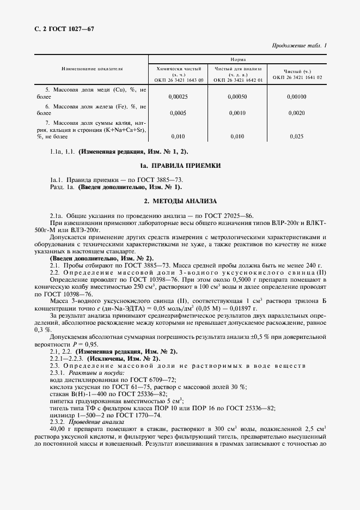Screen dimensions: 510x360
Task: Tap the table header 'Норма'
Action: coord(237,59)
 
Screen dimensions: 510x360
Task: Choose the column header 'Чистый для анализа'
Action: coord(238,69)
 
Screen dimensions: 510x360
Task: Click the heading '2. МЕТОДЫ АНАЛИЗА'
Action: coord(180,201)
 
